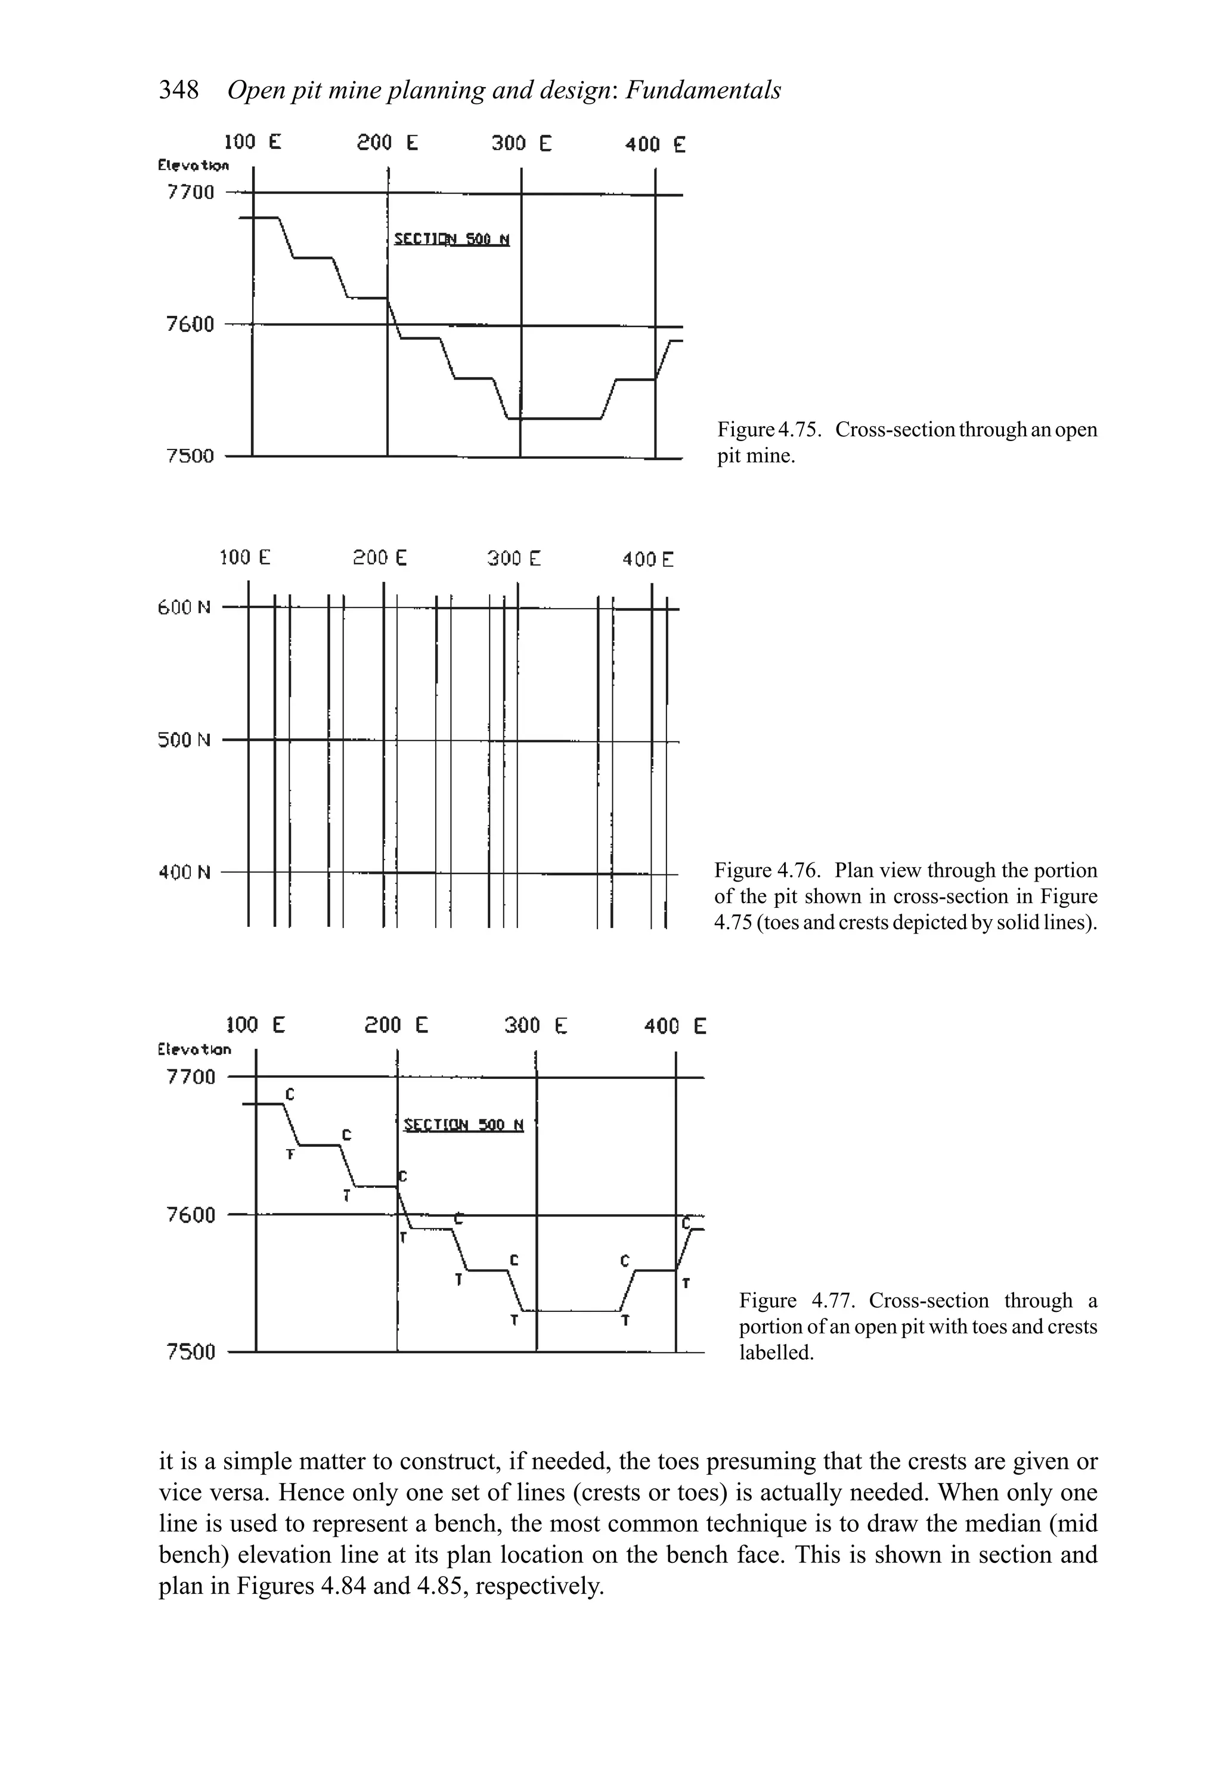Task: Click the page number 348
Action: (x=178, y=91)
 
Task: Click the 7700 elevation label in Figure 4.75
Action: (x=190, y=192)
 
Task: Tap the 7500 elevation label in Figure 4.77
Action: (x=190, y=1352)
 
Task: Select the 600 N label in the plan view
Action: (x=184, y=608)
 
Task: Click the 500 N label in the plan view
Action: (x=184, y=740)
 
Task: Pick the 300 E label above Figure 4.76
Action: (x=514, y=558)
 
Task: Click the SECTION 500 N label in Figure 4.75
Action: (x=451, y=240)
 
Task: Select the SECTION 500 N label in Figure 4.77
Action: (x=463, y=1125)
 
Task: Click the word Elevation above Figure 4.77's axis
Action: (x=194, y=1048)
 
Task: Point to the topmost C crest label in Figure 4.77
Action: (x=290, y=1093)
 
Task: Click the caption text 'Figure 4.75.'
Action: (x=770, y=430)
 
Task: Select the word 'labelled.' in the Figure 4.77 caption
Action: (x=776, y=1352)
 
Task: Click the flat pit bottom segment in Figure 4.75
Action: (x=554, y=418)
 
